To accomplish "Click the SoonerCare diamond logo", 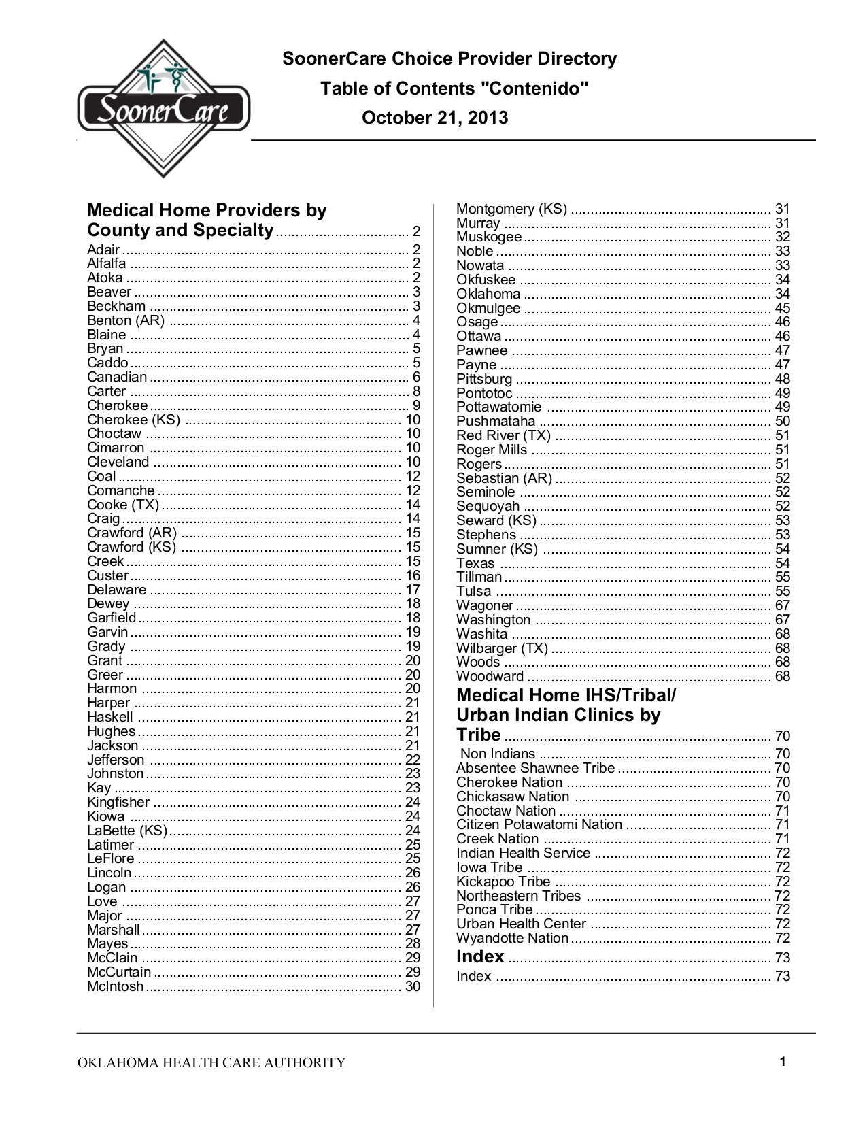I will [x=163, y=109].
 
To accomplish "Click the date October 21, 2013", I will [x=435, y=118].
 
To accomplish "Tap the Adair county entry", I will [x=103, y=250].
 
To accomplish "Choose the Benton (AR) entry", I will [x=126, y=320].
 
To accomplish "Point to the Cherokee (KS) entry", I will [x=133, y=420].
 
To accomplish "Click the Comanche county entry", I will [x=121, y=490].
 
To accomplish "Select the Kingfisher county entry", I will [x=118, y=802].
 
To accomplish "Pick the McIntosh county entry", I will [x=116, y=986].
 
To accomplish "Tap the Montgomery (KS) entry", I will [x=511, y=209].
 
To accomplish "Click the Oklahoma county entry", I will [x=488, y=294].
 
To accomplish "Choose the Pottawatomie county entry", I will [x=499, y=407].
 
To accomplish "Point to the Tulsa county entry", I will [x=473, y=591].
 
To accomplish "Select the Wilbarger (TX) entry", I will [x=502, y=648].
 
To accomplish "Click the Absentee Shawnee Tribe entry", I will [x=535, y=768].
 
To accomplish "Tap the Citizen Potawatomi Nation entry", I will [x=539, y=824].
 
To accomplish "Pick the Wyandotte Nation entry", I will [x=512, y=938].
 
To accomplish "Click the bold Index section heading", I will [x=480, y=957].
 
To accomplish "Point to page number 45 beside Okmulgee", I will [x=783, y=308].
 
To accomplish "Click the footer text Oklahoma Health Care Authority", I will [x=211, y=1062].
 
